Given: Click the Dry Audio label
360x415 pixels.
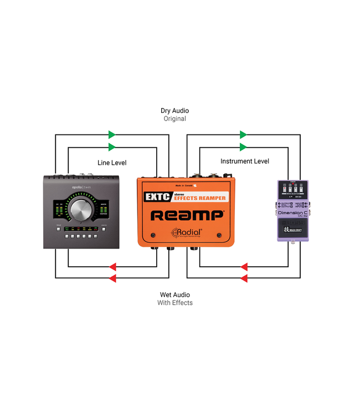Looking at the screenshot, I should [x=175, y=111].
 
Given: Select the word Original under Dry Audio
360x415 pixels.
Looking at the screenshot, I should [x=175, y=119].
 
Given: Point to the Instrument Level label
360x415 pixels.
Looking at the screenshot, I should [x=245, y=162].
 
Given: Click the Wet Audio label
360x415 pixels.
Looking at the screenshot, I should [x=174, y=295].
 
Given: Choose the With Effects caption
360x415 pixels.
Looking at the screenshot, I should [x=175, y=303].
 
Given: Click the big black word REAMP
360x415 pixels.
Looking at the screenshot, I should [x=188, y=215].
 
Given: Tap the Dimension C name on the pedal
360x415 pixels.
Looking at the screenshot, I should [x=292, y=213].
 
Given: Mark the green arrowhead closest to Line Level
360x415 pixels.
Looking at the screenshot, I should [x=112, y=147].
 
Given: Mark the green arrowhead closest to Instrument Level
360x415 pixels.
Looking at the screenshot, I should [x=243, y=147].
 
